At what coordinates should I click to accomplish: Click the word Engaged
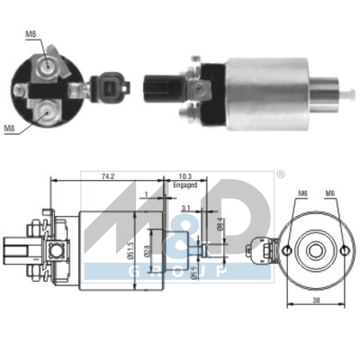coord(184,186)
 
